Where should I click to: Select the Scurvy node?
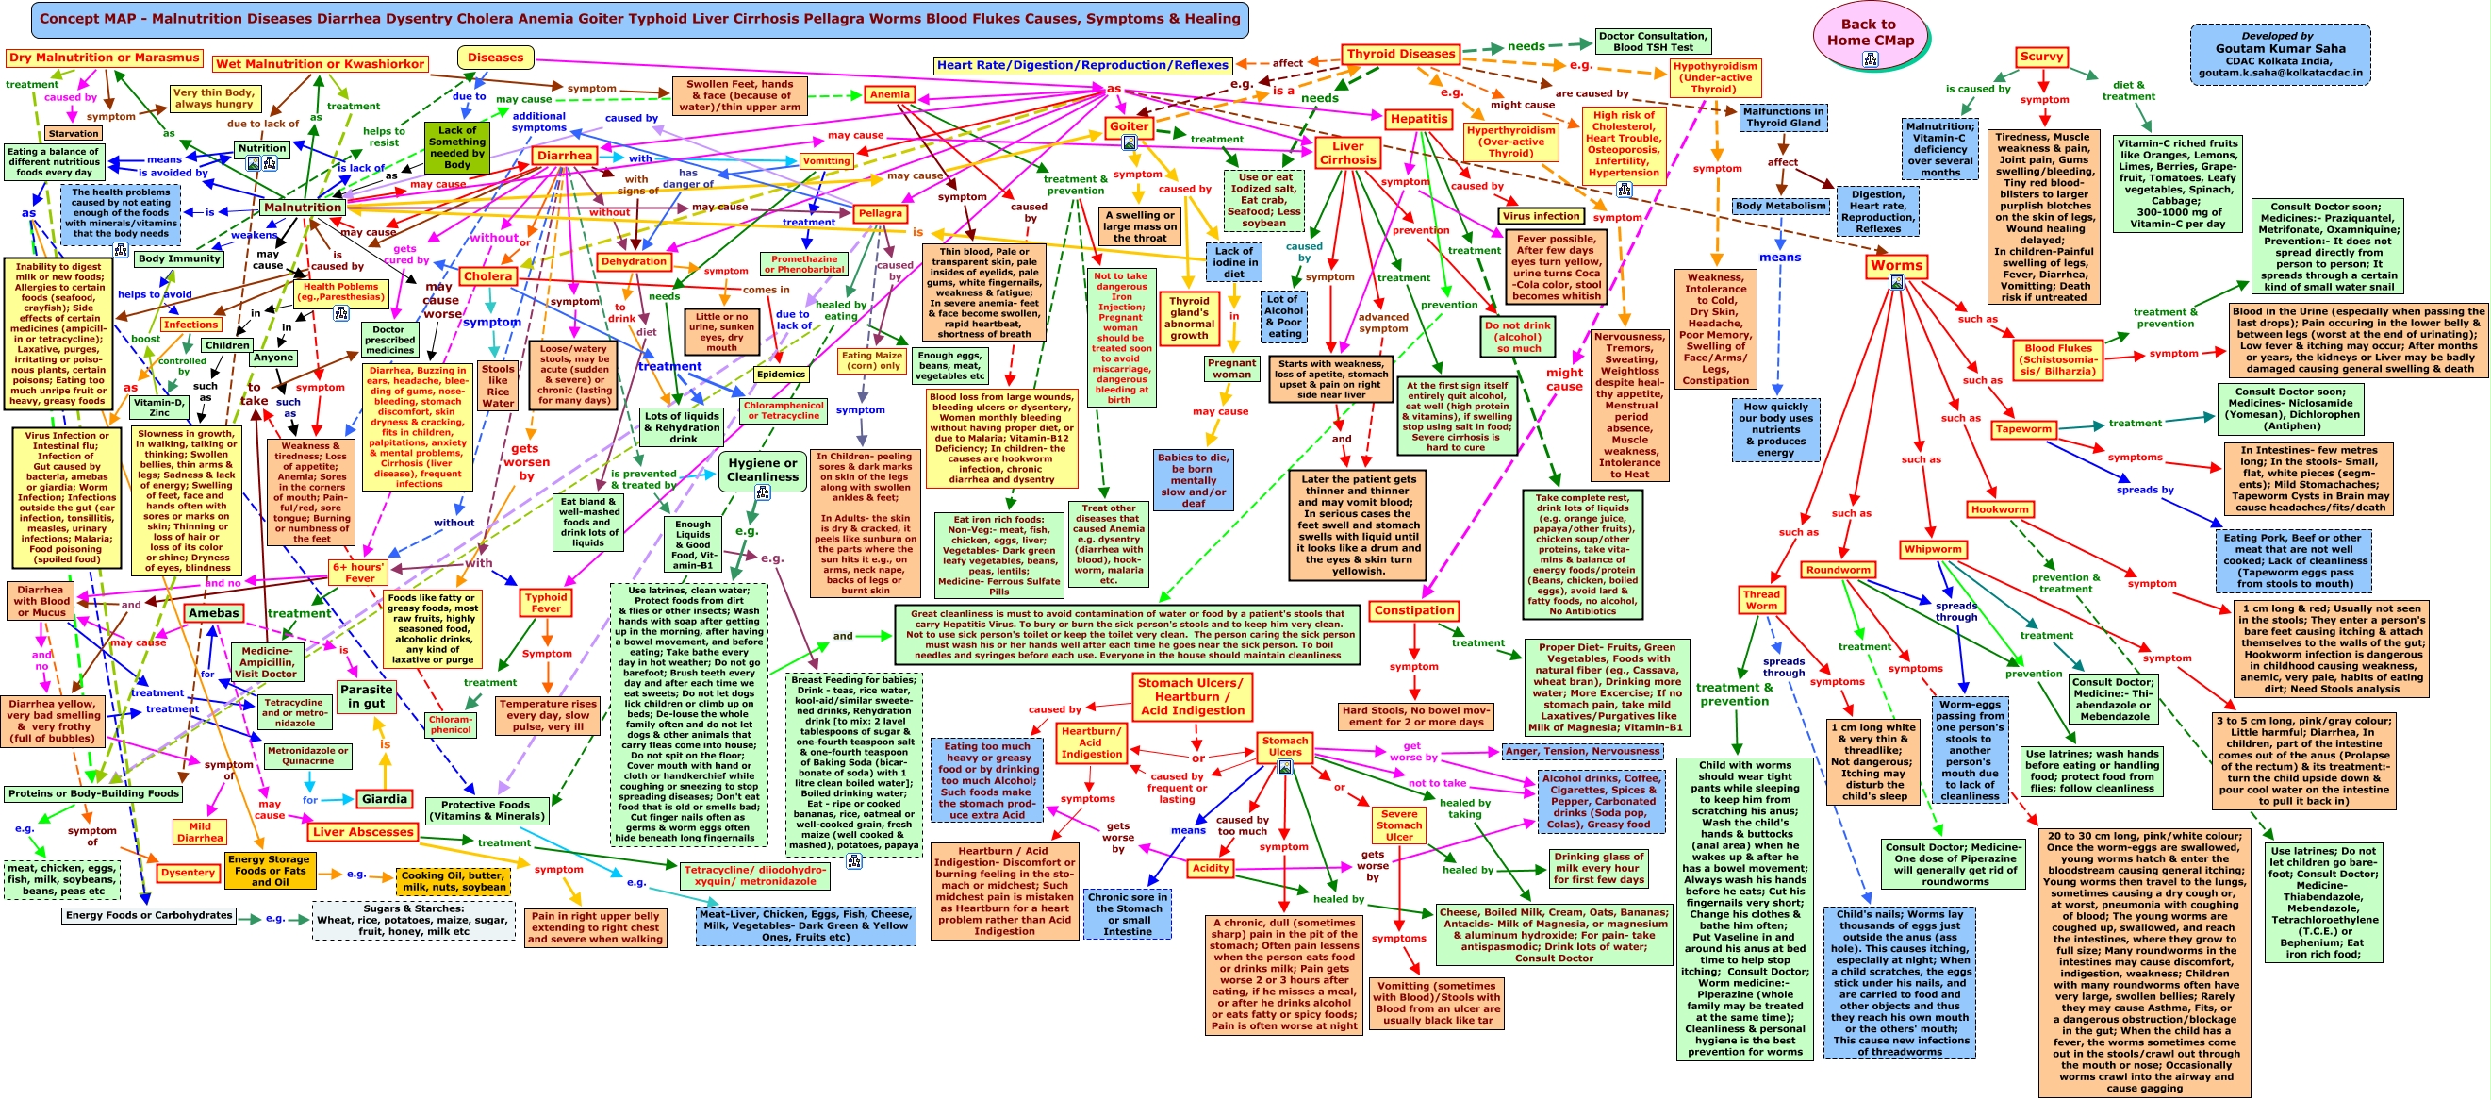[2041, 56]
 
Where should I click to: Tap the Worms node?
[1896, 266]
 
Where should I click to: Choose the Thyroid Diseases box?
[1400, 54]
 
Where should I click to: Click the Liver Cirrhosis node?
[1347, 153]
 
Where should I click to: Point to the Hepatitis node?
[1419, 119]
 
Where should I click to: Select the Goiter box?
[1129, 126]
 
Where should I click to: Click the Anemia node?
[890, 94]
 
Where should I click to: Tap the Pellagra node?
[880, 213]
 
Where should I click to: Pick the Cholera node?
[487, 275]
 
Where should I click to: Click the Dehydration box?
[634, 261]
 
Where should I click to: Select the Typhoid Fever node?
[545, 602]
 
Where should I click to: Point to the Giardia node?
[384, 799]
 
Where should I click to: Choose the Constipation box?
[1413, 610]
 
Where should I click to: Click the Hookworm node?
[1999, 509]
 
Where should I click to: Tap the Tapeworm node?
[2023, 428]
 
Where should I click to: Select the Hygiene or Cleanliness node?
[762, 470]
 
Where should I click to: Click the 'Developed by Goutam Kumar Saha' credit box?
[2280, 54]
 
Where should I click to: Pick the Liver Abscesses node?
[363, 832]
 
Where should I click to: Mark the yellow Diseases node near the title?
[495, 58]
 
